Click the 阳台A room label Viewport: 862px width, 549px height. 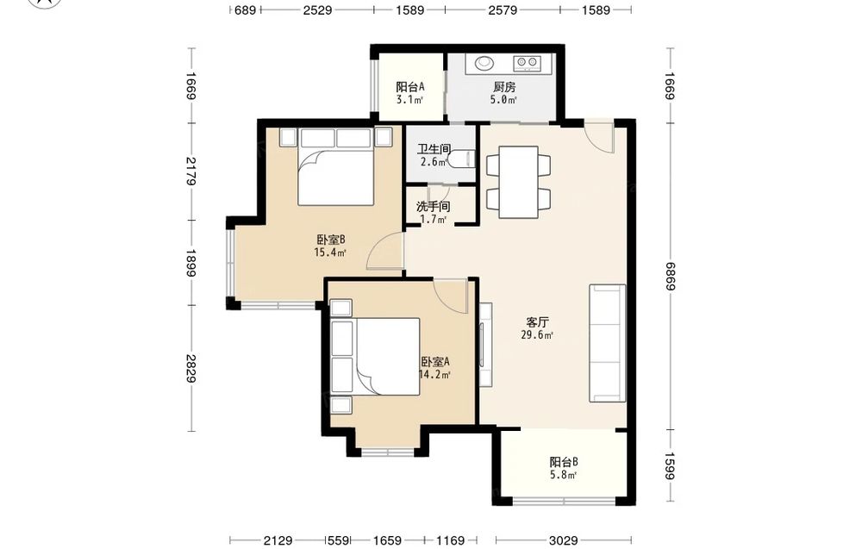click(410, 87)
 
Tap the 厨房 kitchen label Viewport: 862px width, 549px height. click(504, 87)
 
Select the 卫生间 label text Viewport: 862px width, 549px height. click(434, 149)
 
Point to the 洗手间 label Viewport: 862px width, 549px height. click(434, 207)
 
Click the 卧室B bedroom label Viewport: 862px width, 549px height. click(330, 240)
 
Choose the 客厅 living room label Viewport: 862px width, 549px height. click(537, 322)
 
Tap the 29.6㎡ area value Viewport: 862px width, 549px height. click(537, 335)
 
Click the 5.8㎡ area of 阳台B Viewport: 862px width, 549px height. click(564, 475)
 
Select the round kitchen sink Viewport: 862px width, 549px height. click(484, 63)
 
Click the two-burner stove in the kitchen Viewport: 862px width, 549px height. click(528, 64)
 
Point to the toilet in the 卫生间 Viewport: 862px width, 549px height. click(460, 159)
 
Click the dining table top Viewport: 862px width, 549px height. click(518, 182)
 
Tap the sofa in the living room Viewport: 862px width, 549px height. click(608, 344)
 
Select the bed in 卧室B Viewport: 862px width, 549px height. click(336, 166)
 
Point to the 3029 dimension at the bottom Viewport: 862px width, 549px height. click(564, 540)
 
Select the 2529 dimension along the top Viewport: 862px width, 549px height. click(318, 9)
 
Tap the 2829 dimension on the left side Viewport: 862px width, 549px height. click(191, 368)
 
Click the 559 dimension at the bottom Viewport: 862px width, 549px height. click(339, 540)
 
